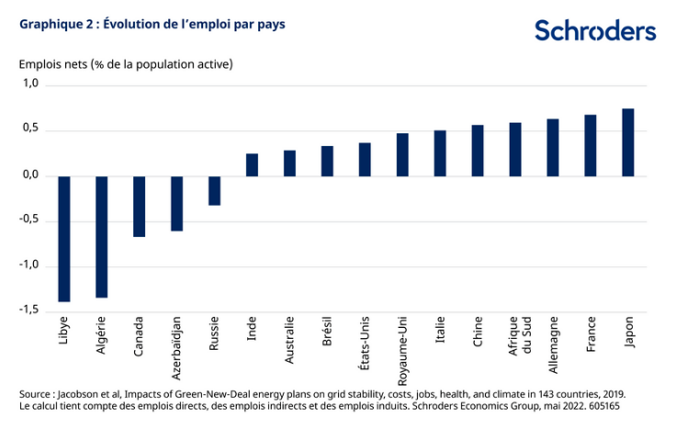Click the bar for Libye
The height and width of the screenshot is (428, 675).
point(64,238)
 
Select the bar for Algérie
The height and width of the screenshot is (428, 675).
point(102,236)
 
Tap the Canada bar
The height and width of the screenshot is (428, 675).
point(140,206)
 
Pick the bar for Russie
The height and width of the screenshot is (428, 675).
point(214,190)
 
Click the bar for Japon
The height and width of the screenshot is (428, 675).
point(628,141)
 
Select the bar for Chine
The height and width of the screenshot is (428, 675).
point(478,150)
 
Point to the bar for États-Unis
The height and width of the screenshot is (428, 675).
point(365,159)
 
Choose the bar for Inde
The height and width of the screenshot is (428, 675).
point(252,164)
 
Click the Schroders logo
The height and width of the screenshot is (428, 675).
point(595,31)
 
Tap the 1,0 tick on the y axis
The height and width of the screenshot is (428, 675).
point(30,84)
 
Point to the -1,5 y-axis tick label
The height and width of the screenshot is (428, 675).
point(28,311)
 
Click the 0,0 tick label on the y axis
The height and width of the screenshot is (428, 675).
point(30,175)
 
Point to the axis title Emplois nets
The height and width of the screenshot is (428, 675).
point(125,64)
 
